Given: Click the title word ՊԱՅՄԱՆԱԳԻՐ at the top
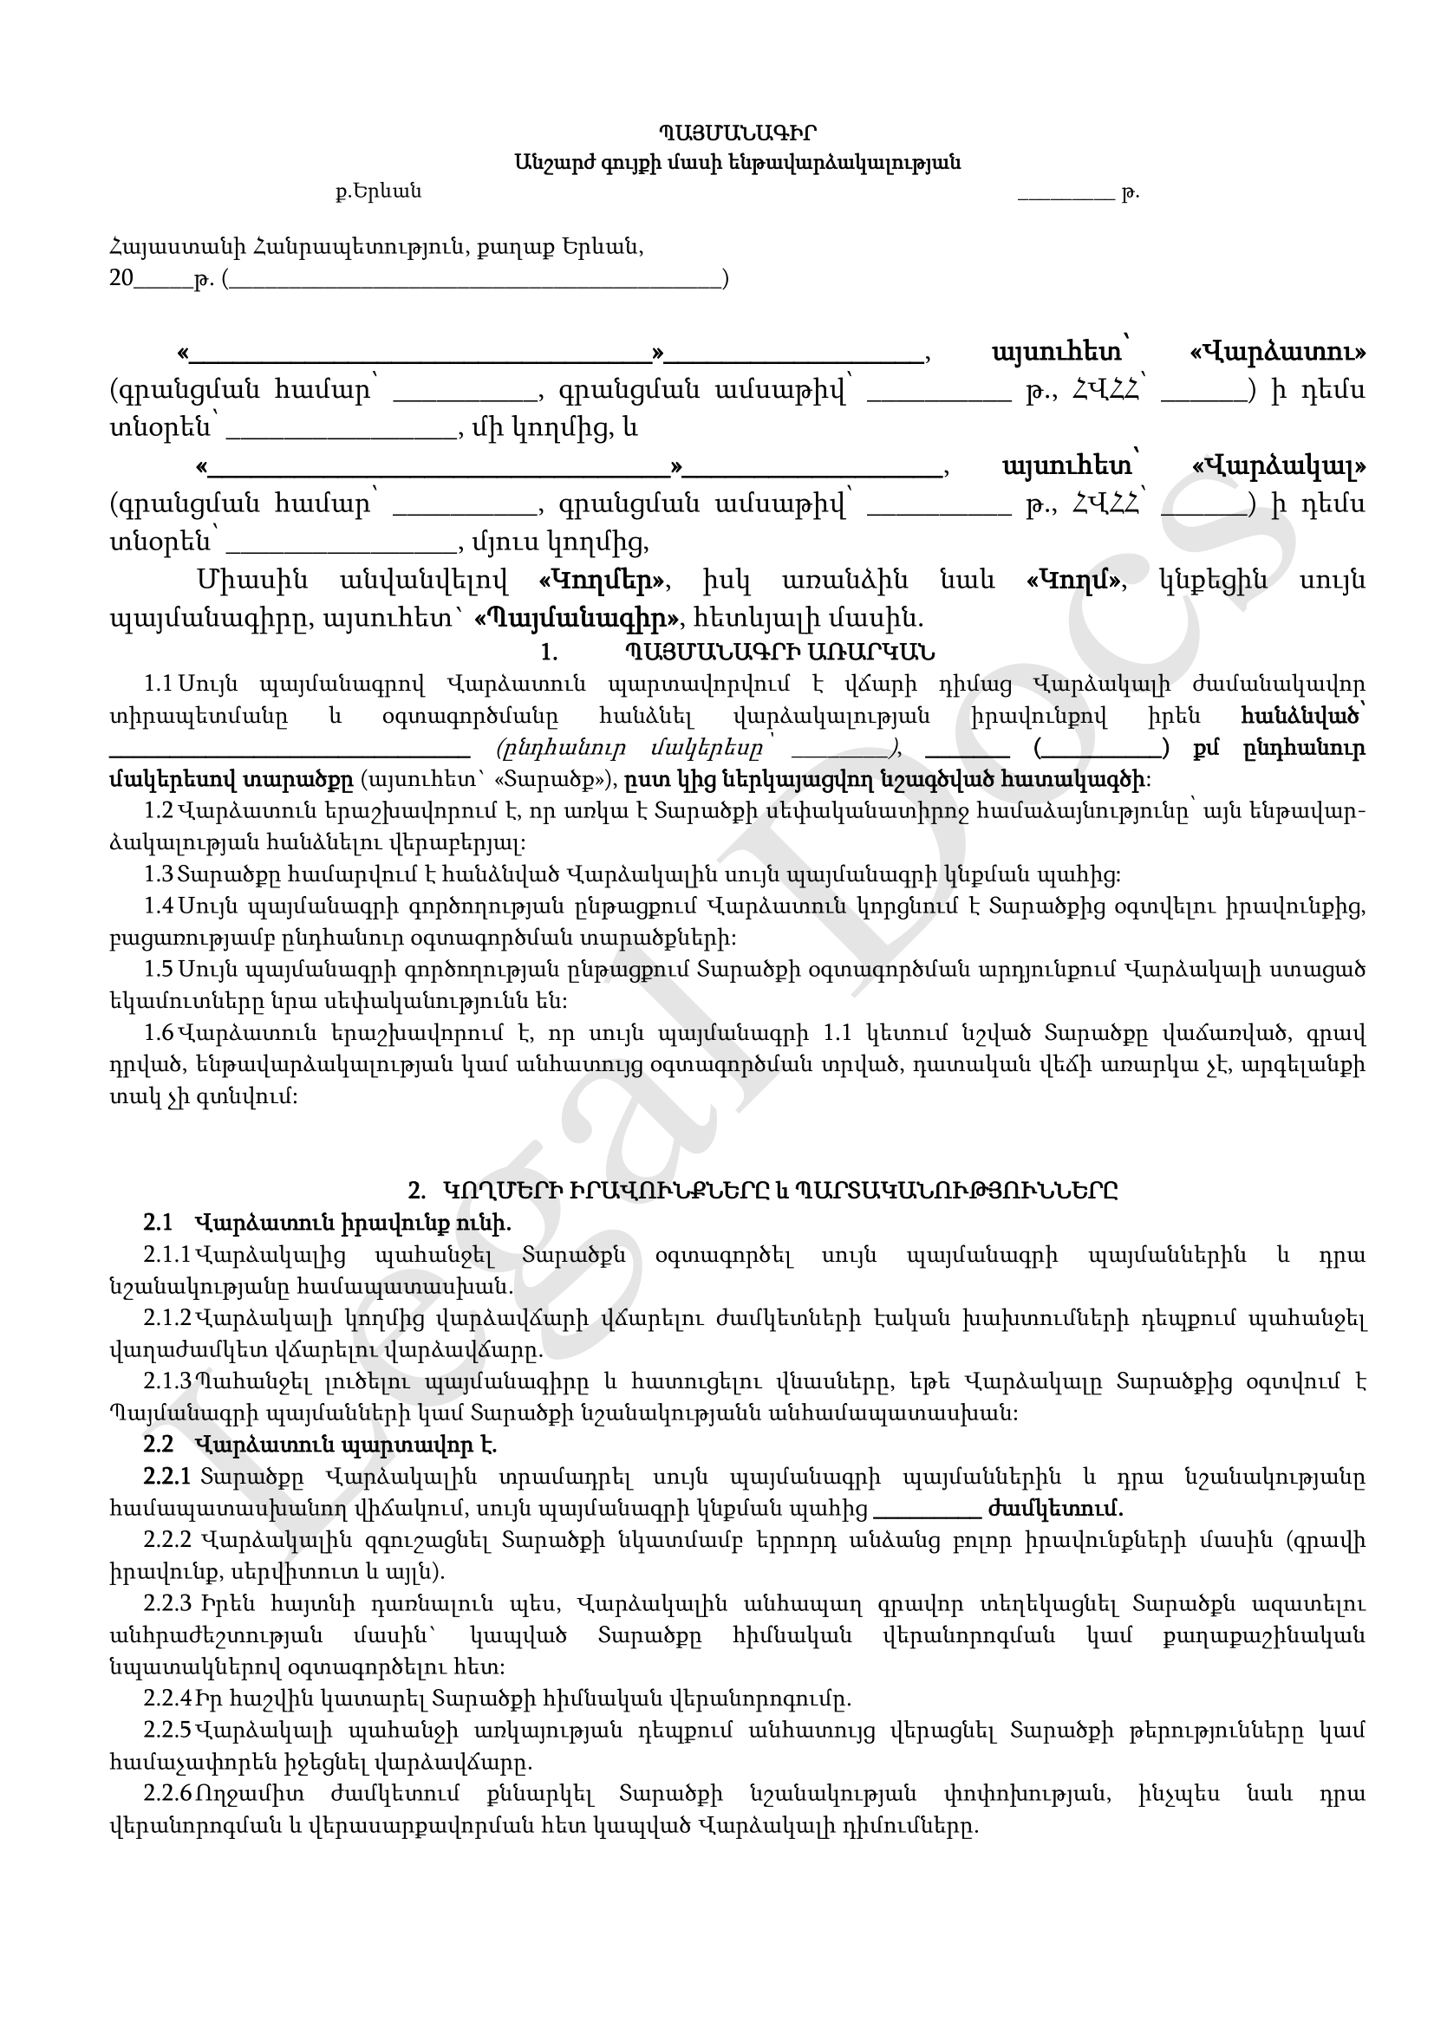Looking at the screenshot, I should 736,133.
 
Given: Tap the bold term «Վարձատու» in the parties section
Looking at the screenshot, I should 1278,351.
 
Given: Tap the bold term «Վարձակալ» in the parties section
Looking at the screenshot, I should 1279,465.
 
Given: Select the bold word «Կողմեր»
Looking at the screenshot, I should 604,580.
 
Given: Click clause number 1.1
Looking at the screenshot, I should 159,685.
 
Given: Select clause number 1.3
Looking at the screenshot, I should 159,875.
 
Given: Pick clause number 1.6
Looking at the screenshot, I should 159,1034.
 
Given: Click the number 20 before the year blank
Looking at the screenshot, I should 121,279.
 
